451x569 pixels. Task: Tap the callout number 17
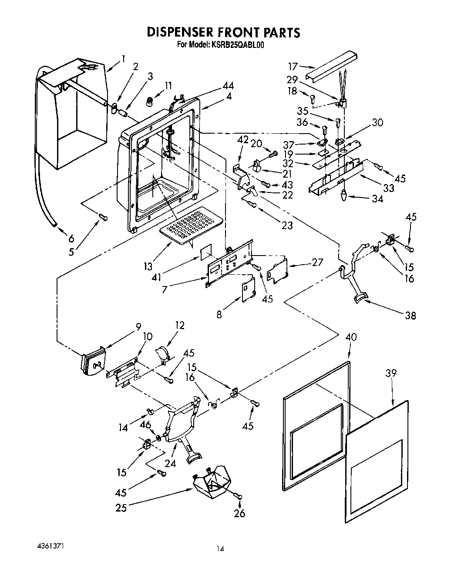pos(293,67)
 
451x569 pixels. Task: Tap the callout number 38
pos(410,316)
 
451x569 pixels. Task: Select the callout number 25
pos(121,507)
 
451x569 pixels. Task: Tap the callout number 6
pos(71,238)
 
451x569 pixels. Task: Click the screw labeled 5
pos(103,216)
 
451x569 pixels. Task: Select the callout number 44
pos(228,86)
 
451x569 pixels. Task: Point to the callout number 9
pos(138,325)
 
